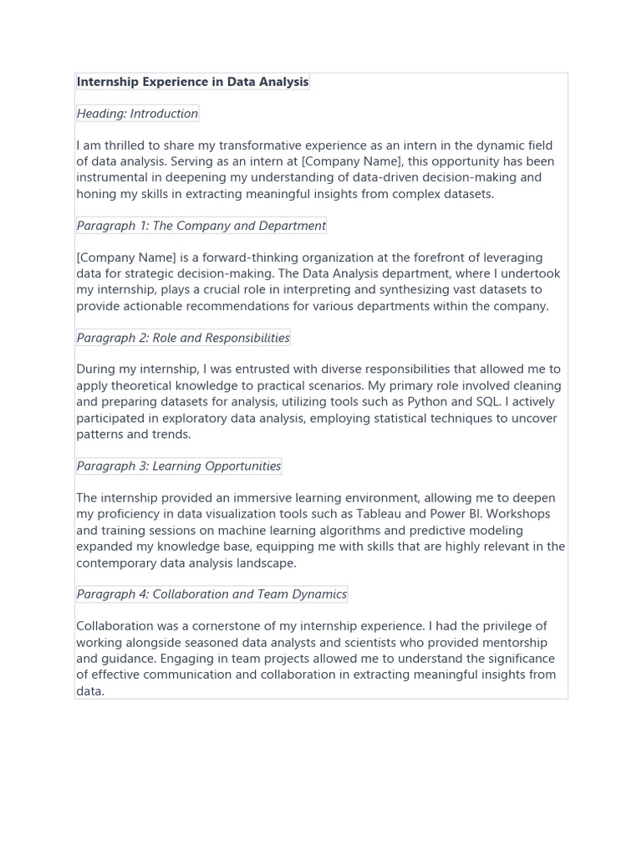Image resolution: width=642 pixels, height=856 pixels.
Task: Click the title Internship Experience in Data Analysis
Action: [192, 82]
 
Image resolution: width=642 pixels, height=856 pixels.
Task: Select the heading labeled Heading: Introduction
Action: [137, 114]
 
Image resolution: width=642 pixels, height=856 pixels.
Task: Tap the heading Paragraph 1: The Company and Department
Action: [201, 226]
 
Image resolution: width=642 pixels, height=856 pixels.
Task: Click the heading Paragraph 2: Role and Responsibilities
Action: [183, 338]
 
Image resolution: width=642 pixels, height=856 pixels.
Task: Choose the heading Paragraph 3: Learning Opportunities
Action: [179, 466]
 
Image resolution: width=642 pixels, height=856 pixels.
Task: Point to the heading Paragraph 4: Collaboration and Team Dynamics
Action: [211, 594]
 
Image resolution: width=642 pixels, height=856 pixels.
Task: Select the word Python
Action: [426, 402]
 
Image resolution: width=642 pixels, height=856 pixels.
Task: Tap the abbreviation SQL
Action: [487, 402]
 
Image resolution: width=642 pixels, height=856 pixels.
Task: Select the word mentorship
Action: [512, 643]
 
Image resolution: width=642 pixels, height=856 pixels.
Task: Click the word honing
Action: [96, 194]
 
